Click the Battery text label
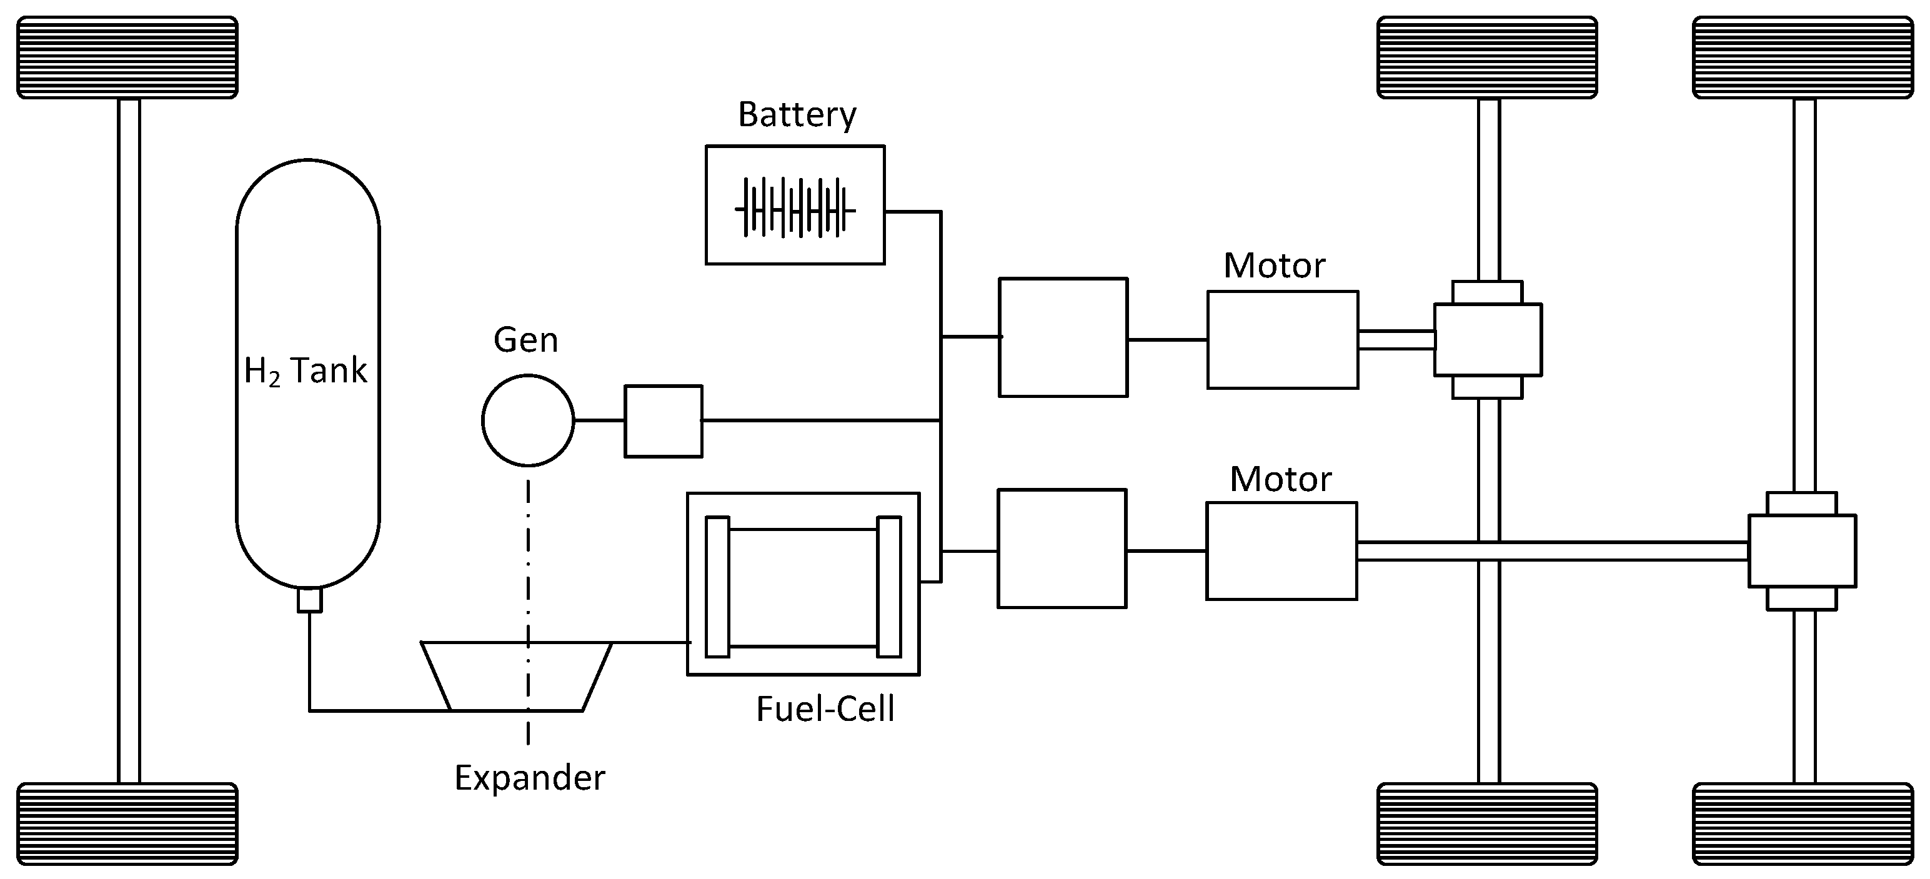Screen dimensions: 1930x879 (x=797, y=116)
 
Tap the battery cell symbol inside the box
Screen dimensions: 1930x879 (x=795, y=207)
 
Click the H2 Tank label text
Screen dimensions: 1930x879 (x=306, y=371)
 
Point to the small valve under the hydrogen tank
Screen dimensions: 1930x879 (x=309, y=600)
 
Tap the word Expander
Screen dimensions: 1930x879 (x=530, y=778)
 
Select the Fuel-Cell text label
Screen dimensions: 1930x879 (x=825, y=709)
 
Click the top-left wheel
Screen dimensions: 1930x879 (x=127, y=57)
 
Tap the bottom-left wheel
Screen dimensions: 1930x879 (x=127, y=823)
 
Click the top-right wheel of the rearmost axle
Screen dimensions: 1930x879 (x=1804, y=57)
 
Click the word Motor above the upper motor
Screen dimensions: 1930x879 (x=1275, y=266)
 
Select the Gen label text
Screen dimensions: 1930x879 (x=526, y=340)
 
